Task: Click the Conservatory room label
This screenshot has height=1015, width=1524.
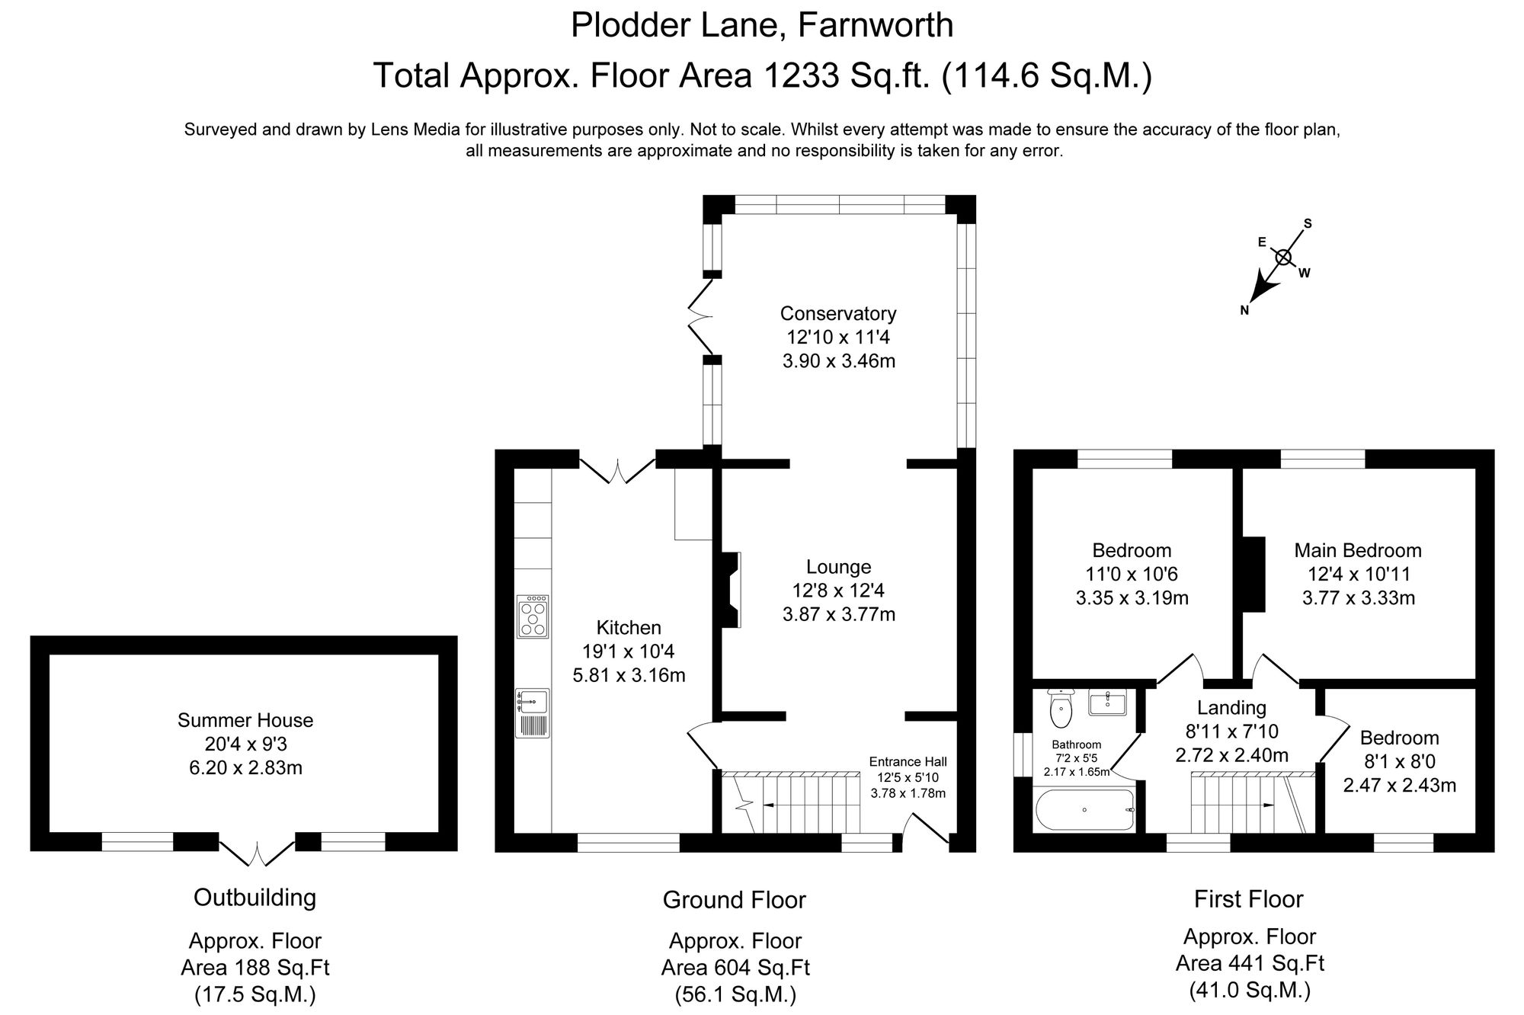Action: (838, 313)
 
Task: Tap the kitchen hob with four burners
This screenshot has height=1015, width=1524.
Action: (533, 616)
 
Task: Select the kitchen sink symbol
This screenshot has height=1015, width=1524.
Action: (532, 703)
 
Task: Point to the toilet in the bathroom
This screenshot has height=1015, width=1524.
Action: (1060, 710)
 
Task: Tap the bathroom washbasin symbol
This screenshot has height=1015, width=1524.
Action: (1107, 702)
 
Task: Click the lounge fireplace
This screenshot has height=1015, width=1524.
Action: (729, 590)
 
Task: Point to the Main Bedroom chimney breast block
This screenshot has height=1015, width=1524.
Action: (1253, 574)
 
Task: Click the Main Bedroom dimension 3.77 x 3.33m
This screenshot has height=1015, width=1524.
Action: (1358, 598)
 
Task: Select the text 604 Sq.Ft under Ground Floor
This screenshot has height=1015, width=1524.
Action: (735, 968)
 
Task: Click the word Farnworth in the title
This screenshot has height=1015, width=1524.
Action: (876, 25)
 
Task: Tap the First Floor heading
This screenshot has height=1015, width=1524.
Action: (1248, 899)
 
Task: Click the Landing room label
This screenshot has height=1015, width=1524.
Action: (1231, 708)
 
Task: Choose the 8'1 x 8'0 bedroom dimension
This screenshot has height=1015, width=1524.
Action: (1399, 761)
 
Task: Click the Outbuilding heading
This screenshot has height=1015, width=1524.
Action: (255, 898)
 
